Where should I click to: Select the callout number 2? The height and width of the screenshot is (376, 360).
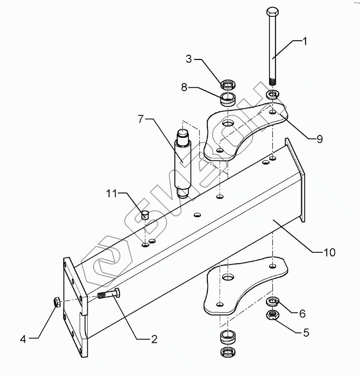154,339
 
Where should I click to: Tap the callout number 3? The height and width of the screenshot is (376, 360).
189,59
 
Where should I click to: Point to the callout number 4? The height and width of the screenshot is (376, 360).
23,339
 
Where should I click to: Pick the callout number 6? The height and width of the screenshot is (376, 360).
302,313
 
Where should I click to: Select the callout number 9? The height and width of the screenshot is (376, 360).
319,139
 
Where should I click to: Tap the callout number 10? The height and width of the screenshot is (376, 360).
329,252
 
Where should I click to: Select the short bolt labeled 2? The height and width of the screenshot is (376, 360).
109,294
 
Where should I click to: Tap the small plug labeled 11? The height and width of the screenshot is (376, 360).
145,215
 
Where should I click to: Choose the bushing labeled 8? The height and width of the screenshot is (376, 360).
228,100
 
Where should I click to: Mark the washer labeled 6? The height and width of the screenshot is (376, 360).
273,301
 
